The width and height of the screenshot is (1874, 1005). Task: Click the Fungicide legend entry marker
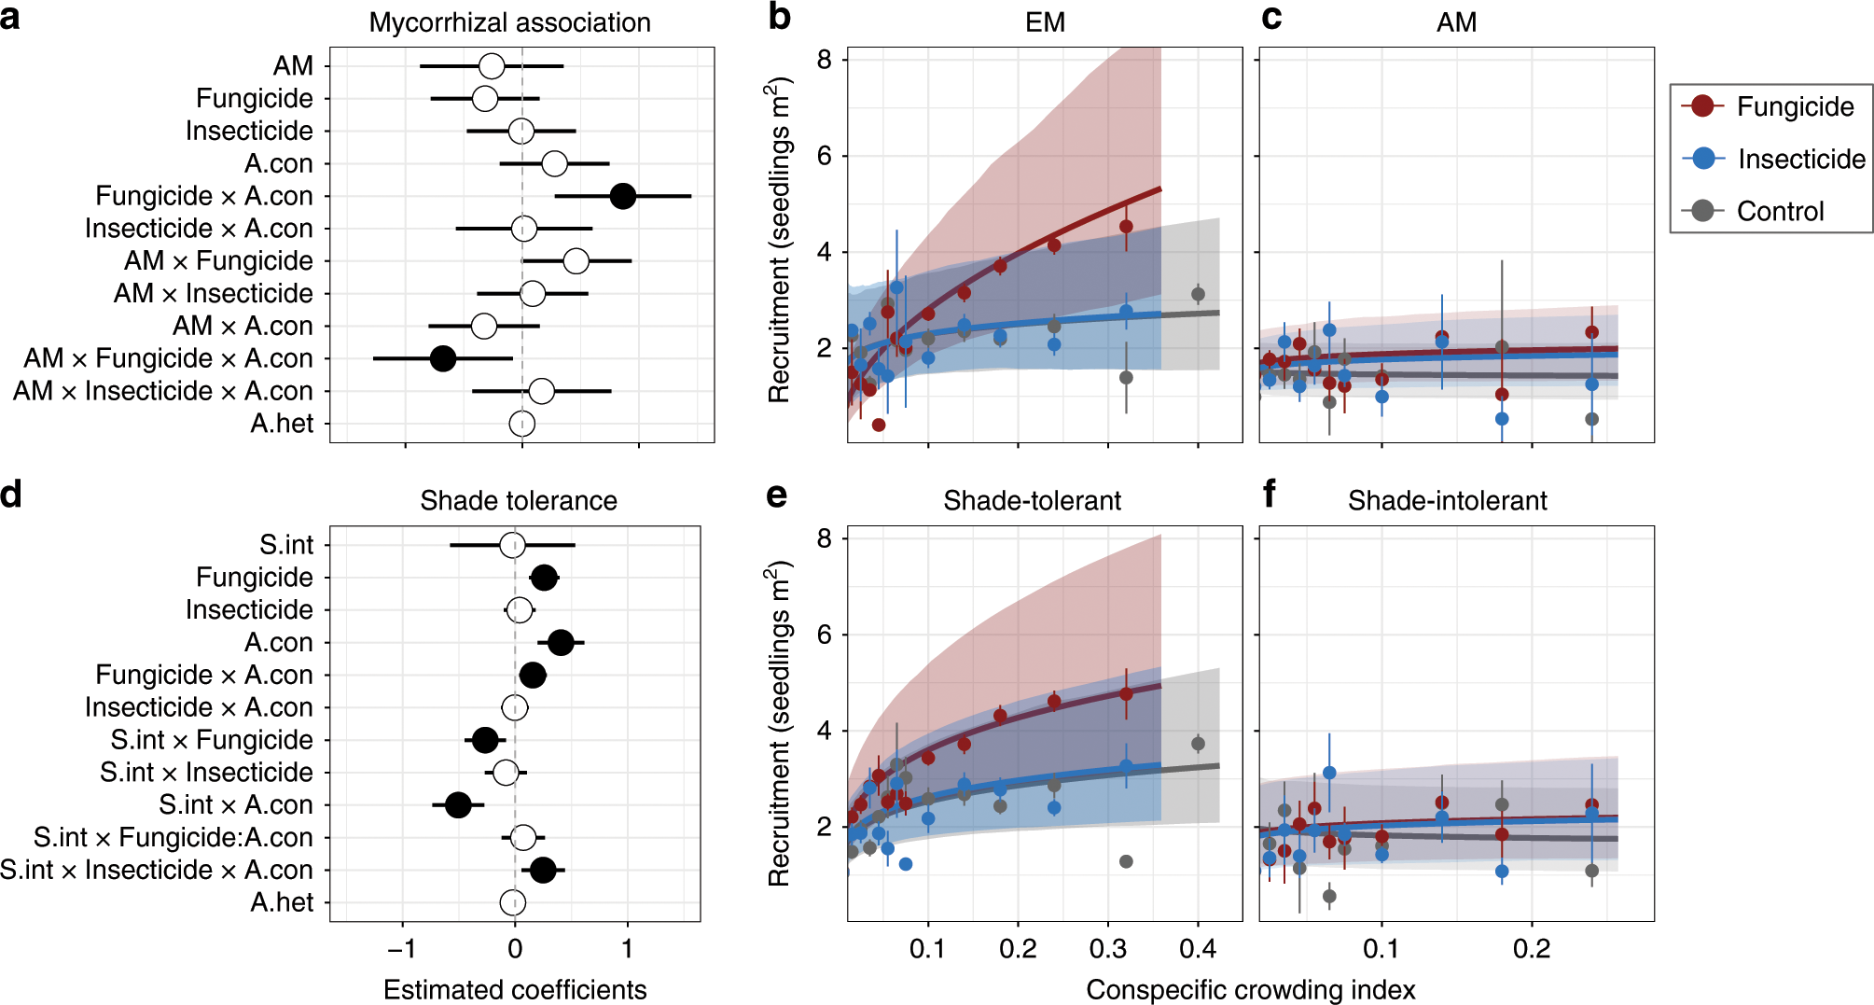1702,105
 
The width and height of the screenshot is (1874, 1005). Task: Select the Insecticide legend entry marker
1702,158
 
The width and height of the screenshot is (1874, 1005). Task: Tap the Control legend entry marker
1702,210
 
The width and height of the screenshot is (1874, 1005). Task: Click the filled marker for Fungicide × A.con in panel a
622,196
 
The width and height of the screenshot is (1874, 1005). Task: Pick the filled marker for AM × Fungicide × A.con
442,357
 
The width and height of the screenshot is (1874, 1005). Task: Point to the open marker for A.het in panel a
522,424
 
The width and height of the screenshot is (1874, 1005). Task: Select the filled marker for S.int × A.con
458,804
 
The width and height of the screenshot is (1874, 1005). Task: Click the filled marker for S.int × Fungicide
485,740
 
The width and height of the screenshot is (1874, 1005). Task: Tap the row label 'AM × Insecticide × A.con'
162,391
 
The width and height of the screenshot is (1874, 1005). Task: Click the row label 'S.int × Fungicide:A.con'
173,837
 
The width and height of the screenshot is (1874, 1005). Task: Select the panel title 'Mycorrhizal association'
509,22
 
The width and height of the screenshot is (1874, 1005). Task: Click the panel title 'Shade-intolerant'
1447,501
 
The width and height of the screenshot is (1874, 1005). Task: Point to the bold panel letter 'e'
776,494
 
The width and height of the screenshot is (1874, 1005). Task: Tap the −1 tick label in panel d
402,949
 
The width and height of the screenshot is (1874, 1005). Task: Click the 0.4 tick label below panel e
1198,949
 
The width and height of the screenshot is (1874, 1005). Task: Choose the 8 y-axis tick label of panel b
825,60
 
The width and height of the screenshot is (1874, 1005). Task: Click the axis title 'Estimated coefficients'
515,989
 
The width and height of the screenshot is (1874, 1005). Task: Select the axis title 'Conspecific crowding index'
1250,989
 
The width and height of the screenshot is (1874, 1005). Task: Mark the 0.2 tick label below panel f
1532,949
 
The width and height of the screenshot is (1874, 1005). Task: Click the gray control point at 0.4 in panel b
1198,294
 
